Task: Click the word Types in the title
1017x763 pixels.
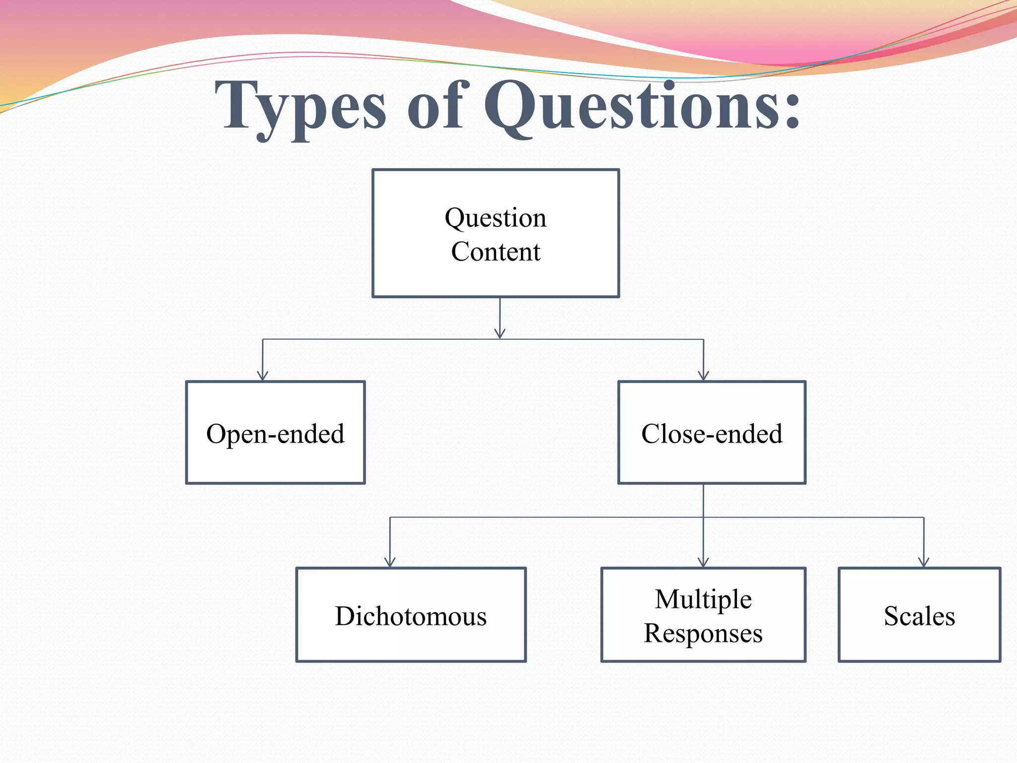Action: pyautogui.click(x=300, y=107)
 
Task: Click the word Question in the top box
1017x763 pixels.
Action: pyautogui.click(x=496, y=218)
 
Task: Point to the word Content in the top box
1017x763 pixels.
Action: pyautogui.click(x=496, y=251)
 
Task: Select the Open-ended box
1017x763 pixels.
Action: pyautogui.click(x=276, y=433)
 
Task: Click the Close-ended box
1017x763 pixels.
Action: pyautogui.click(x=712, y=433)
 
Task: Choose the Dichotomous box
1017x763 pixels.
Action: pyautogui.click(x=411, y=615)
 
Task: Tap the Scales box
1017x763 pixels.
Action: pyautogui.click(x=919, y=615)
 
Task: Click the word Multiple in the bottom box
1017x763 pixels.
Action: pyautogui.click(x=703, y=599)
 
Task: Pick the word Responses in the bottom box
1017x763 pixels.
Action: pyautogui.click(x=703, y=633)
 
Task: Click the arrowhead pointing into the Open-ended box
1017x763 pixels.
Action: pyautogui.click(x=263, y=376)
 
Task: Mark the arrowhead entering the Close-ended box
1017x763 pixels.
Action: pyautogui.click(x=703, y=376)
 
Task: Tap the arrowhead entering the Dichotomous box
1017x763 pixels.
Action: pyautogui.click(x=390, y=562)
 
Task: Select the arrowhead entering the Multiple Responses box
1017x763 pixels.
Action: pyautogui.click(x=703, y=562)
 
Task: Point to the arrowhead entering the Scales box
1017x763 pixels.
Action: pyautogui.click(x=924, y=562)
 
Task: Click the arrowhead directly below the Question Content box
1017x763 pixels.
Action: pyautogui.click(x=500, y=333)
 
